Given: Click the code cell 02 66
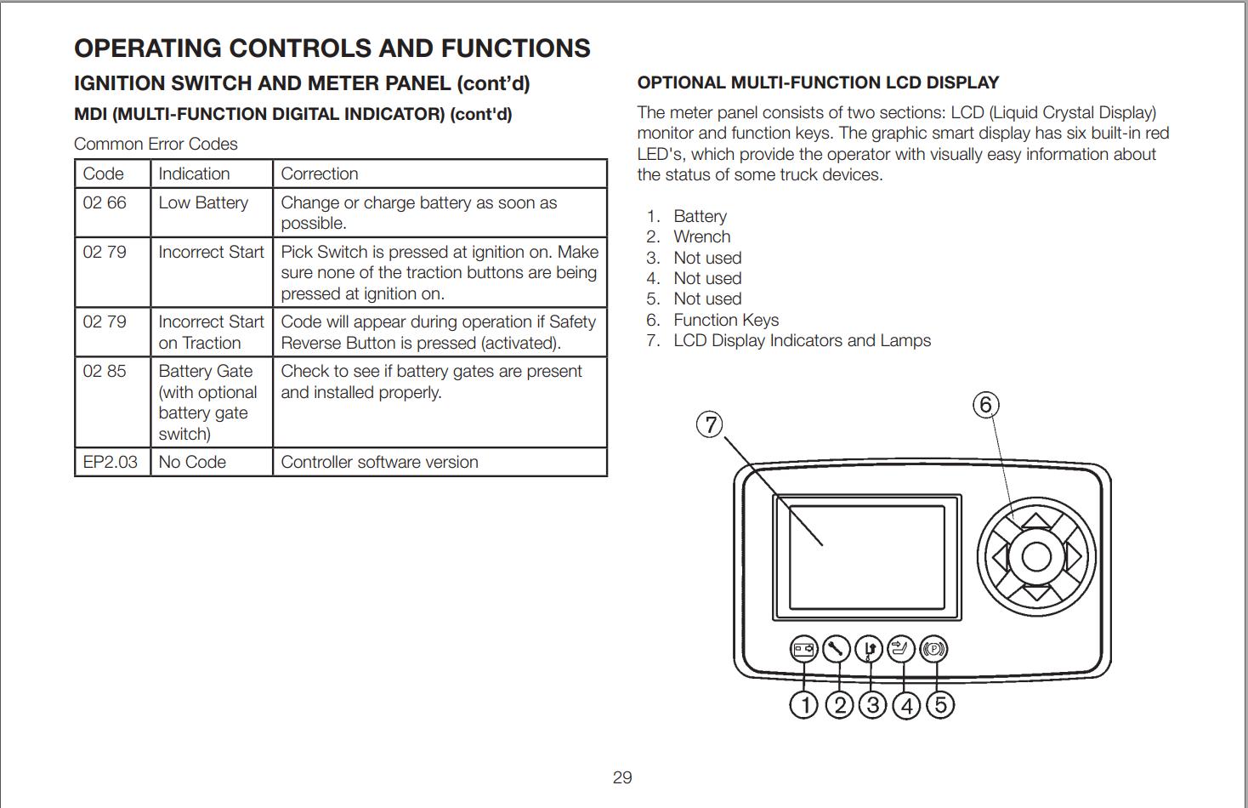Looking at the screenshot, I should tap(105, 203).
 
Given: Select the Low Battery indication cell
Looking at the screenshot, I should tap(203, 203).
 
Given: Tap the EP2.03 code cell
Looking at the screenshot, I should tap(111, 462).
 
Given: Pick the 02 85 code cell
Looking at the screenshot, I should tap(105, 372).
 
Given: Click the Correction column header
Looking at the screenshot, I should tap(320, 174).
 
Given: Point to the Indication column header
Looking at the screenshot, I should tap(194, 174).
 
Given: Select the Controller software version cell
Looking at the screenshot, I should tap(379, 462).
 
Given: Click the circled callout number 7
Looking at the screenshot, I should tap(710, 424).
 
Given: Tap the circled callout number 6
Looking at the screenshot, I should tap(985, 404).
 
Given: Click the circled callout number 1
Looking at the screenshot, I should tap(804, 705).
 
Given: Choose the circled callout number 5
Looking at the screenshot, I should tap(940, 705).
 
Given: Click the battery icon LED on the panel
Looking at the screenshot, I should tap(804, 650).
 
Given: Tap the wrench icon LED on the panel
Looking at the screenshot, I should tap(837, 650).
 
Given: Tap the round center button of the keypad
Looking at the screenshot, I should tap(1035, 558).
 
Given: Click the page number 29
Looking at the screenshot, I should tap(622, 777).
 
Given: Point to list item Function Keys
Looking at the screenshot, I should tap(726, 320).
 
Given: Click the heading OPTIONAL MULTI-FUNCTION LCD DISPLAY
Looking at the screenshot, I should tap(818, 83).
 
